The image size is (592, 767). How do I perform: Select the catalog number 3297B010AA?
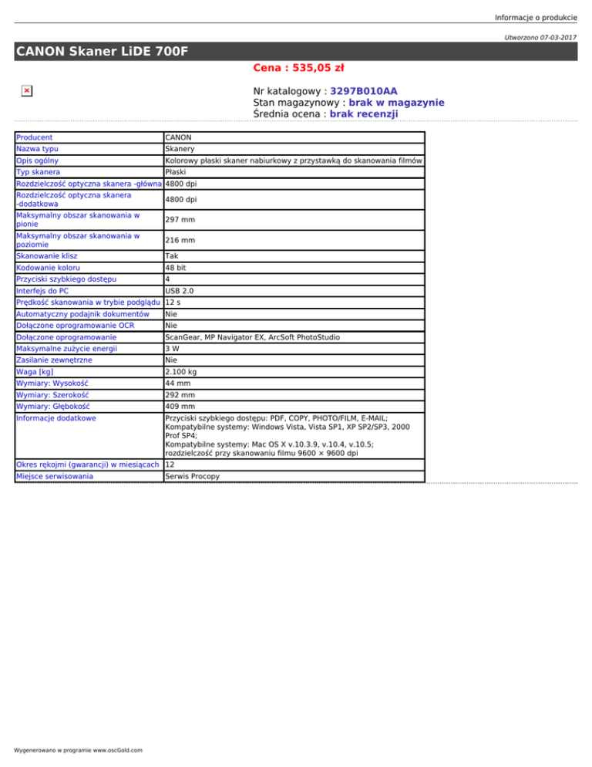364,91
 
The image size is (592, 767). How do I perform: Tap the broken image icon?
26,91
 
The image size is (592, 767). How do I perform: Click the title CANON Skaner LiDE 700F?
103,52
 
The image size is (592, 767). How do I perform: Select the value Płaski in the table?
176,171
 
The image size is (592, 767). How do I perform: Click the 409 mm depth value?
180,407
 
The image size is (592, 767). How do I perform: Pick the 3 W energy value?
173,349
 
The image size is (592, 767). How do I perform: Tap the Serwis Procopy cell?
192,477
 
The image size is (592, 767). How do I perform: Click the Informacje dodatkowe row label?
55,419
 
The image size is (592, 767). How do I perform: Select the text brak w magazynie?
396,103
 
